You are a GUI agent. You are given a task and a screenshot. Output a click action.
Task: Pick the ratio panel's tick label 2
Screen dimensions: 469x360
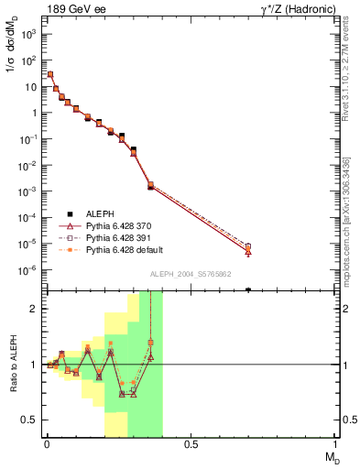[33, 309]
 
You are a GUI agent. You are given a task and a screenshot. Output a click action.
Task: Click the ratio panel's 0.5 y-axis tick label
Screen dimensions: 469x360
[29, 420]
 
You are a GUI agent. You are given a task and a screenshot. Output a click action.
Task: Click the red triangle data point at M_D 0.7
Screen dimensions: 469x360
[248, 251]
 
